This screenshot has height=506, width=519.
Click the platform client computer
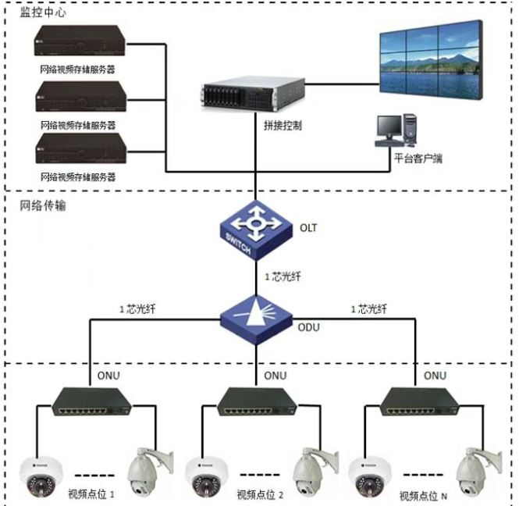tap(397, 132)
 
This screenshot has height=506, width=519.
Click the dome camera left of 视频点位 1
tap(36, 476)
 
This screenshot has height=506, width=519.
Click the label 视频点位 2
tap(259, 494)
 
